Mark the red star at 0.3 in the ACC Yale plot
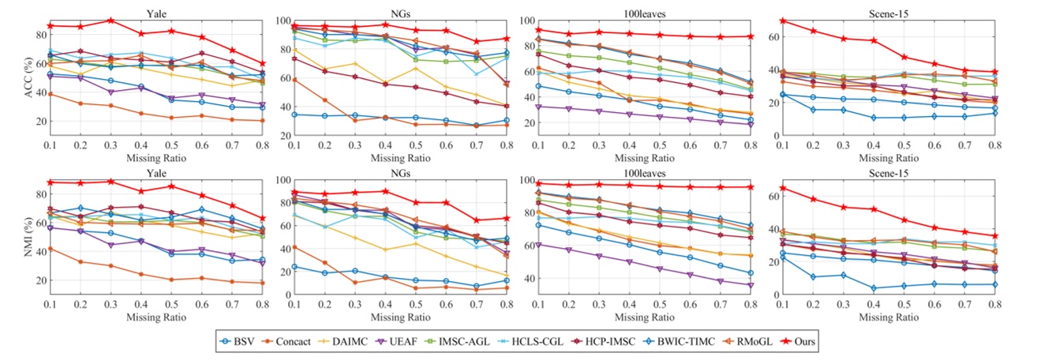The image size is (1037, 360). (110, 20)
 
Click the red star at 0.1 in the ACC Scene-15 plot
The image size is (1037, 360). (782, 20)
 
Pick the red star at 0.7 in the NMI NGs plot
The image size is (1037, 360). (475, 220)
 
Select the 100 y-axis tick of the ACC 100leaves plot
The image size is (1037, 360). (526, 21)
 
